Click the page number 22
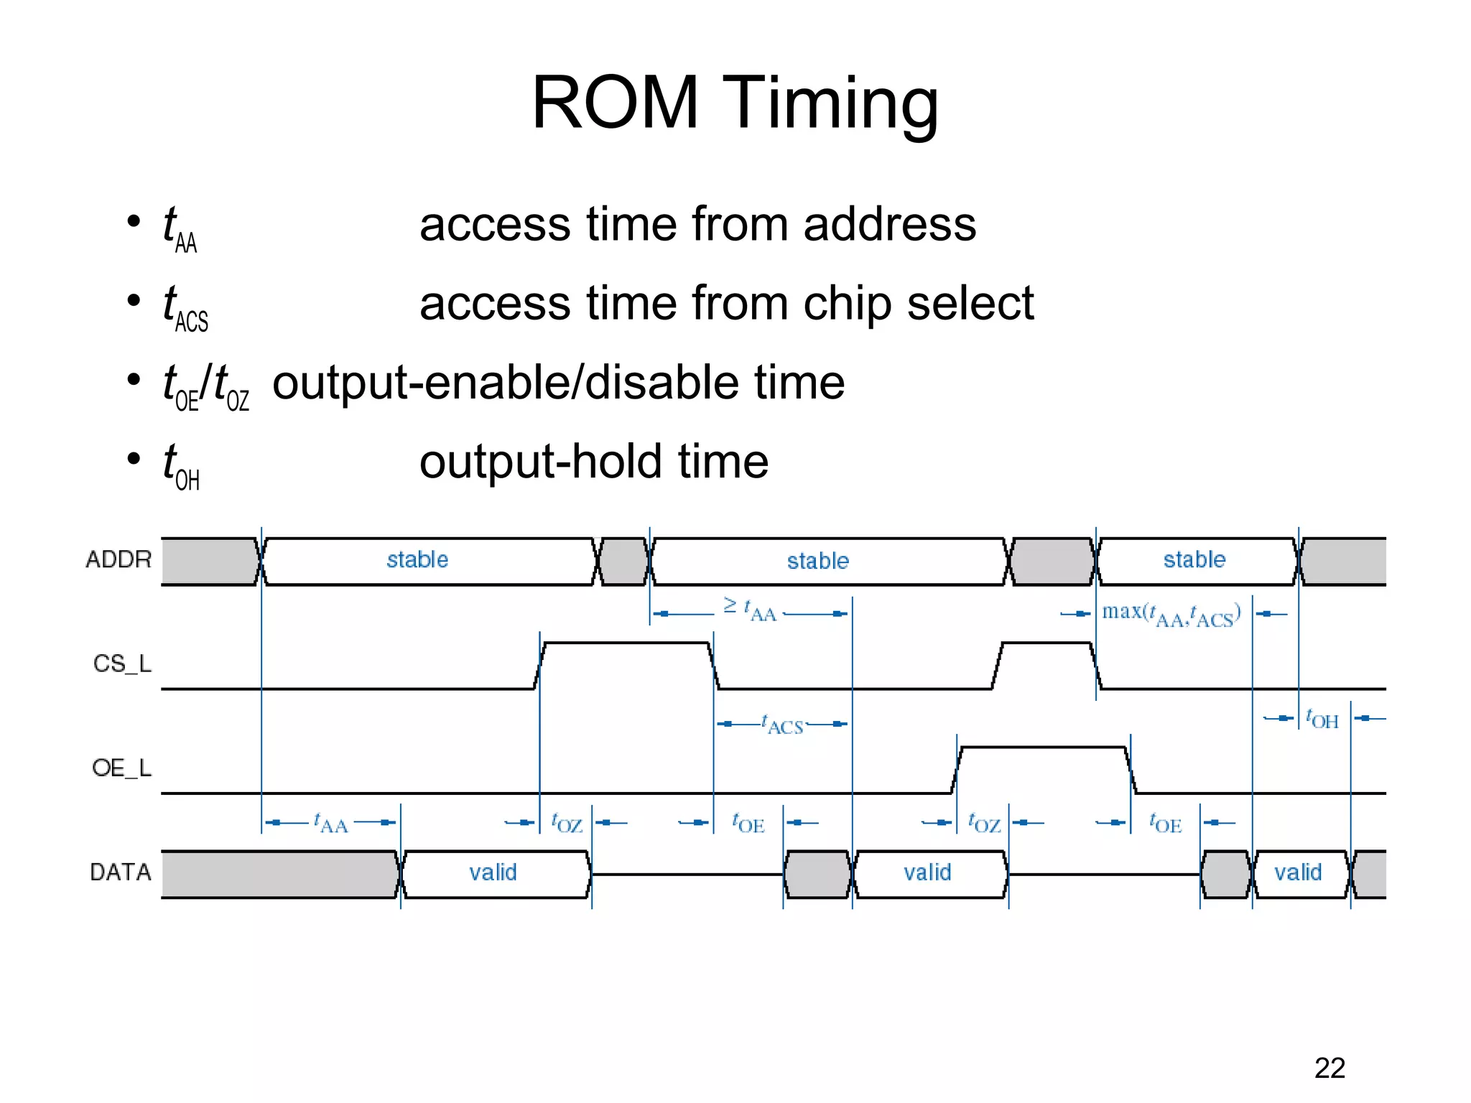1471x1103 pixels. click(1329, 1068)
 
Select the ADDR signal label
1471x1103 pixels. click(119, 559)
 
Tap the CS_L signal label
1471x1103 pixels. click(122, 664)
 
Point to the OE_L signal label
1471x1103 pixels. click(121, 768)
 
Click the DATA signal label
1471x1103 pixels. click(121, 872)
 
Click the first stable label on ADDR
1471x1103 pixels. click(417, 559)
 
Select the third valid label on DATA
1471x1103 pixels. click(1298, 872)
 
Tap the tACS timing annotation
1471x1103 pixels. click(783, 724)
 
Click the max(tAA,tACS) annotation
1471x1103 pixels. click(1171, 615)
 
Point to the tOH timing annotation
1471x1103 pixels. click(1322, 719)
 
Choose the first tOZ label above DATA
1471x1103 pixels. click(567, 823)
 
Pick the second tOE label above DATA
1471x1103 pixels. click(1166, 823)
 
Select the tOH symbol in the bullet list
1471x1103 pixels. click(181, 465)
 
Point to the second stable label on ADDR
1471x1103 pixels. click(817, 561)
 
